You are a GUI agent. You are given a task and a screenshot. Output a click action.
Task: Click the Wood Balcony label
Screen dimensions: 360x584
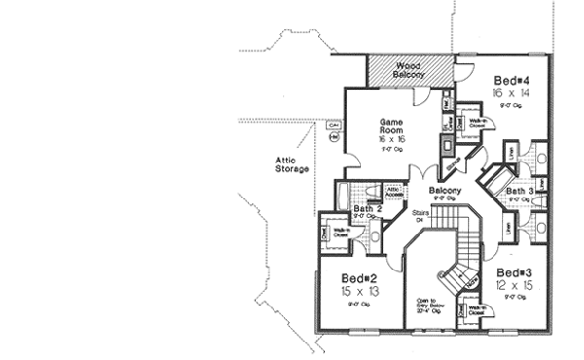pyautogui.click(x=407, y=70)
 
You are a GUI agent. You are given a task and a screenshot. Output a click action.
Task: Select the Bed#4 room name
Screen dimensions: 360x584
pyautogui.click(x=510, y=79)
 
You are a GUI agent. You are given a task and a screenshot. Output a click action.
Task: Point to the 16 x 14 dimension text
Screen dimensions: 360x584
pyautogui.click(x=510, y=90)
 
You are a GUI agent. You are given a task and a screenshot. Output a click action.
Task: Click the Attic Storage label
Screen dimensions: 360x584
pyautogui.click(x=291, y=164)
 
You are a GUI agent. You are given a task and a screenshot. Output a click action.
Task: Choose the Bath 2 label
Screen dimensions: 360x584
pyautogui.click(x=366, y=208)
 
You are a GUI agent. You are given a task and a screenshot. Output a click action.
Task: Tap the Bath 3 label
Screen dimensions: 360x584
pyautogui.click(x=519, y=191)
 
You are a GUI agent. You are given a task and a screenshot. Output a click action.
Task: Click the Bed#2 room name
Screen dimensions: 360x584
pyautogui.click(x=359, y=277)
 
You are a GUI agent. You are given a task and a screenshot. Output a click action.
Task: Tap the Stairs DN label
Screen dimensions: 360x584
pyautogui.click(x=420, y=215)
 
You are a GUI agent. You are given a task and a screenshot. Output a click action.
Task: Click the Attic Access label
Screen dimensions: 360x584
pyautogui.click(x=394, y=192)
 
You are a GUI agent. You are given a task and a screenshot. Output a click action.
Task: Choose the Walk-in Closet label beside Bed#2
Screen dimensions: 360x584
pyautogui.click(x=341, y=233)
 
